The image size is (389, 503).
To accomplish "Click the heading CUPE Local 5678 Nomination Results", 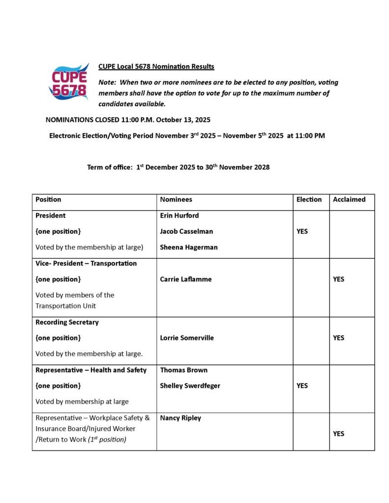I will click(156, 66).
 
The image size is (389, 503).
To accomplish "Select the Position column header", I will click(48, 199).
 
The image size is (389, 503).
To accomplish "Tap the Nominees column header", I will click(176, 199).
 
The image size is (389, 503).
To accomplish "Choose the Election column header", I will click(309, 199).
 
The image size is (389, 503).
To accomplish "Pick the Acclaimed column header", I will click(349, 199).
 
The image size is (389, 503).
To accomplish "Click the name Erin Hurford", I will click(179, 215).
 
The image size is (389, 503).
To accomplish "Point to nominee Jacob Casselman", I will click(186, 231).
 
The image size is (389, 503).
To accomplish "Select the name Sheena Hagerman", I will click(188, 247).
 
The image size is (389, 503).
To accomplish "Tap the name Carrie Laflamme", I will click(185, 279).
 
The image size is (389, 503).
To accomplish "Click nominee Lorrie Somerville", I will click(187, 338).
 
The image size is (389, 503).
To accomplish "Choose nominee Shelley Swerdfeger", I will click(190, 386).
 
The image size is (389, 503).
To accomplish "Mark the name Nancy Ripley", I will click(180, 418).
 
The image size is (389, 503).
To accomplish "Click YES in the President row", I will click(302, 231).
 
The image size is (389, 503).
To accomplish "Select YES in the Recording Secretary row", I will click(338, 338).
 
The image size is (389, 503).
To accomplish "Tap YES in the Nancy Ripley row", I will click(338, 434).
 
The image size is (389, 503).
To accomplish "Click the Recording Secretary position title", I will click(67, 322).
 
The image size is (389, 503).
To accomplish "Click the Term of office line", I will click(178, 167).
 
